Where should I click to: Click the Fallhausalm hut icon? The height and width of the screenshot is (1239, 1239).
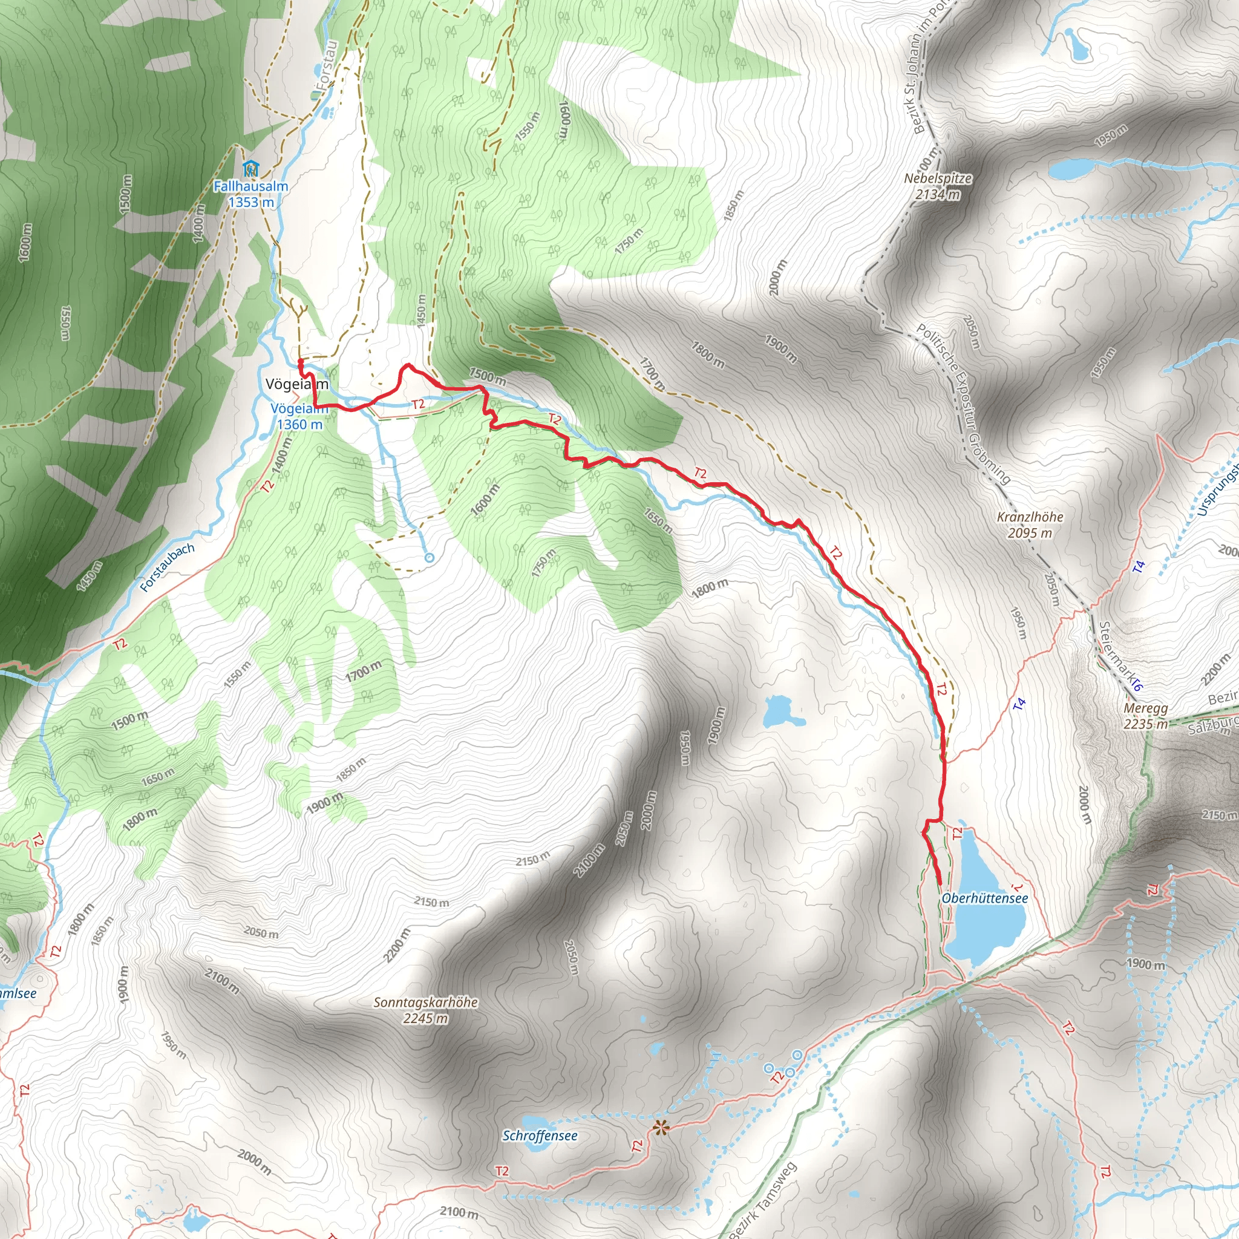[x=250, y=169]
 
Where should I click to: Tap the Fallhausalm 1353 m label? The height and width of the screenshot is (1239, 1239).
[x=250, y=194]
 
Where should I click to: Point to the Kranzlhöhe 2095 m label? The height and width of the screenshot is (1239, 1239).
[x=1030, y=525]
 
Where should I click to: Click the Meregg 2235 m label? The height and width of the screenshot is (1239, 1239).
[x=1146, y=716]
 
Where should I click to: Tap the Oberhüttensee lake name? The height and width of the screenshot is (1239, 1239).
[x=984, y=898]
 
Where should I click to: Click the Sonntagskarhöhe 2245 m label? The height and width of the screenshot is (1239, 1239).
[x=426, y=1010]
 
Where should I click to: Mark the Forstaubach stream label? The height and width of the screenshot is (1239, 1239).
[x=167, y=567]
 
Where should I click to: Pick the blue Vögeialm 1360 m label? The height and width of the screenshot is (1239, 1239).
[x=299, y=416]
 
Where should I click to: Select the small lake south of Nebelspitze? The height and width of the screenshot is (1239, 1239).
[x=1071, y=169]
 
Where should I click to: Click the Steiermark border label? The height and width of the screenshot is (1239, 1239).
[x=1120, y=656]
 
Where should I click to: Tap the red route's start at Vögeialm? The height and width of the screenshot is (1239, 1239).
[x=300, y=362]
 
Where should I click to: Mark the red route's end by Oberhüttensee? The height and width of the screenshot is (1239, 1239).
[x=939, y=884]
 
